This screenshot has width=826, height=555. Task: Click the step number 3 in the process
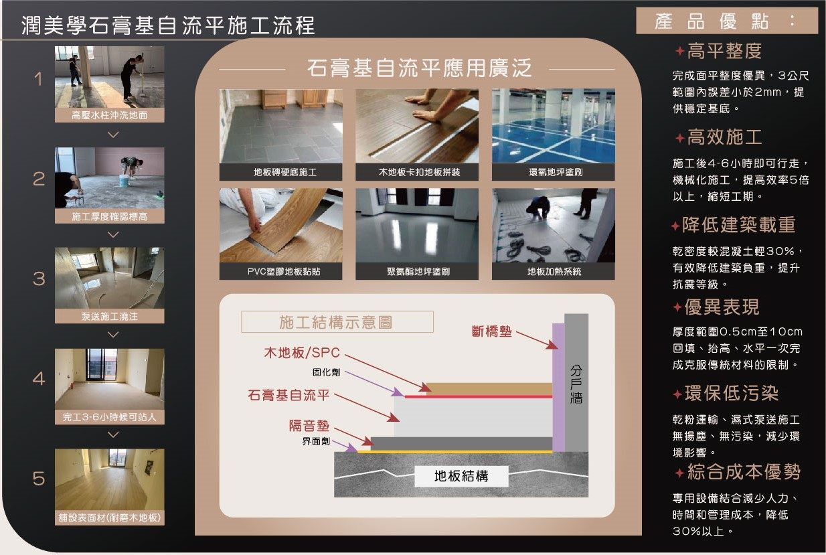click(39, 279)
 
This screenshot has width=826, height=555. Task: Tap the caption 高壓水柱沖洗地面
click(110, 115)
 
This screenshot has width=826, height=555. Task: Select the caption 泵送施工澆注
click(110, 317)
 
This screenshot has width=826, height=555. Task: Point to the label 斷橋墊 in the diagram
click(492, 331)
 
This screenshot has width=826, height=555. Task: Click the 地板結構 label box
click(461, 476)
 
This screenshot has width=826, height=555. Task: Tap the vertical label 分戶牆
click(576, 384)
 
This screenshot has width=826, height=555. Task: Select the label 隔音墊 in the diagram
click(309, 426)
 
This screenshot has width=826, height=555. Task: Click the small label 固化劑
click(327, 372)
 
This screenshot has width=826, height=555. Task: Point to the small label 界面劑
click(316, 441)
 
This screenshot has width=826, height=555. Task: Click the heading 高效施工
click(725, 137)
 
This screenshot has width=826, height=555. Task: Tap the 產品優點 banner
click(727, 21)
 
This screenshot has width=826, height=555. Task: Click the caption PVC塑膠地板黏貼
click(284, 272)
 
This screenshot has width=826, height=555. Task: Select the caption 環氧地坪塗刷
click(556, 172)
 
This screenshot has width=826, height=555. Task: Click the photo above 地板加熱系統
click(553, 226)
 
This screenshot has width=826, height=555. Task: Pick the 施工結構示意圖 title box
click(337, 322)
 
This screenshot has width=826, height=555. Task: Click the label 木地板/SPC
click(302, 353)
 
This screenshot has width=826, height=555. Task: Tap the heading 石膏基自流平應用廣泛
click(419, 68)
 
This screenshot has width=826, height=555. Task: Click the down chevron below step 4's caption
click(113, 434)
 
